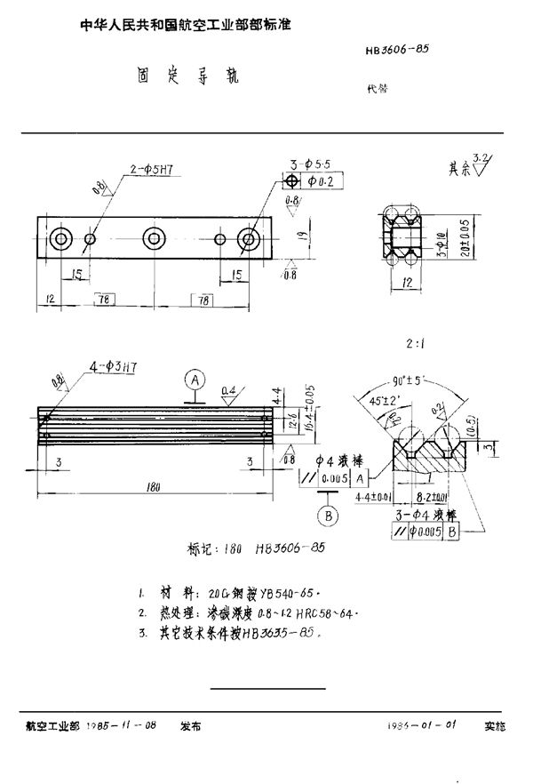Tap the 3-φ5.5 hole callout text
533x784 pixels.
coord(309,163)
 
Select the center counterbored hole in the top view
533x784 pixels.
coord(154,238)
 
